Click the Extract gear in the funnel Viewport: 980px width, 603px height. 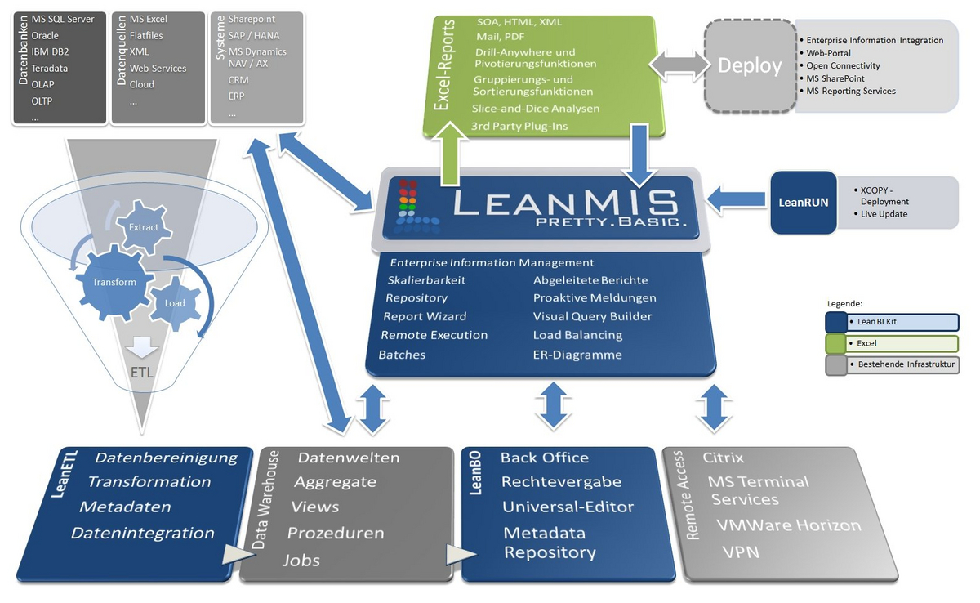(143, 228)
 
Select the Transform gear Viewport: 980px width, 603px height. (108, 282)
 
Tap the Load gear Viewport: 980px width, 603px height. (175, 302)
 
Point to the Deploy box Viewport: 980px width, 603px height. (750, 66)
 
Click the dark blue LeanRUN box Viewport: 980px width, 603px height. (804, 202)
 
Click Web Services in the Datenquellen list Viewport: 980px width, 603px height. (158, 69)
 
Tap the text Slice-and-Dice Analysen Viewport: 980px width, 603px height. (536, 109)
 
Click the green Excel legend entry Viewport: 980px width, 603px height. (892, 343)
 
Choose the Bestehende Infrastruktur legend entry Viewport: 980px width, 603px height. (892, 364)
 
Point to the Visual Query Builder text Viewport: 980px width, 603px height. (592, 316)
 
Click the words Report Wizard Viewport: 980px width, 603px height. (425, 316)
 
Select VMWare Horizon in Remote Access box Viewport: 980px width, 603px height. (788, 525)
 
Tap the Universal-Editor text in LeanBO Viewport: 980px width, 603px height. (568, 507)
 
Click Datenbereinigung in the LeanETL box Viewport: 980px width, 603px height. (166, 458)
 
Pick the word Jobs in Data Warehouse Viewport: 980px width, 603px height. (301, 561)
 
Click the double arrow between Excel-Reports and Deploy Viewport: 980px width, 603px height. (675, 65)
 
